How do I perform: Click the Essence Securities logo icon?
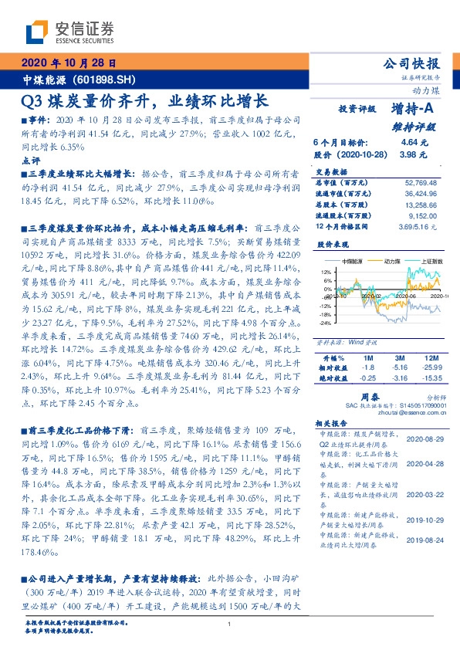click(x=37, y=31)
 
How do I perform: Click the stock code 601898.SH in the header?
click(x=94, y=80)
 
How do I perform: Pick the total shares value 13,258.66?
click(x=420, y=206)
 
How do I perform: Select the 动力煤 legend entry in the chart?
click(x=387, y=262)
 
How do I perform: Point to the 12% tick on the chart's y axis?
click(x=326, y=272)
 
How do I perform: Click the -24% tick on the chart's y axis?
click(x=326, y=324)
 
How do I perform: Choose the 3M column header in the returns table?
click(x=399, y=358)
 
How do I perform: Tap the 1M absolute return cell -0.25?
click(x=368, y=379)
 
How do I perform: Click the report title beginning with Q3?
click(x=145, y=101)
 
